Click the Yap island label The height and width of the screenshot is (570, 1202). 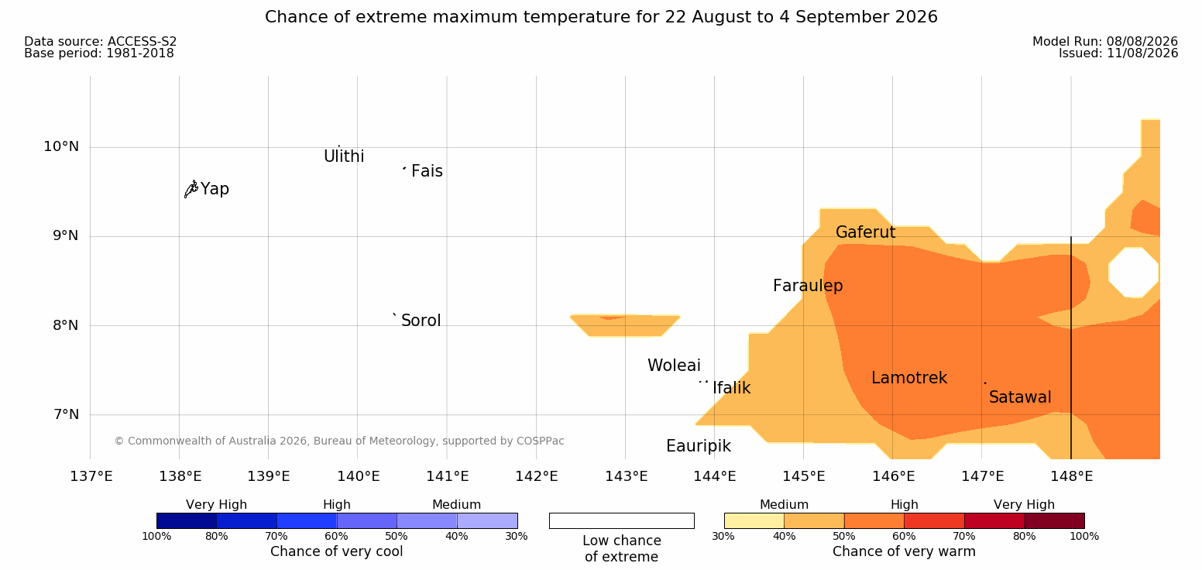point(215,189)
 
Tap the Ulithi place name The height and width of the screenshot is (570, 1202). point(344,156)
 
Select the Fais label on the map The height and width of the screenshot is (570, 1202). point(428,171)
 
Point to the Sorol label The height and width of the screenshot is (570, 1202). point(421,321)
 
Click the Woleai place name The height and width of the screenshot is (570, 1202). point(674,366)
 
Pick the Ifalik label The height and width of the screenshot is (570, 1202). point(732,387)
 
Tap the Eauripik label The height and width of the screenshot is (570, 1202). point(699,446)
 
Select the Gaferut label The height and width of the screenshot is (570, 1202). point(866,232)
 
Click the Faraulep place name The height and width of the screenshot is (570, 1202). point(808,286)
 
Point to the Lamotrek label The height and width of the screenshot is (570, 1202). point(909,378)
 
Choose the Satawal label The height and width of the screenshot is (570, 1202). point(1020,397)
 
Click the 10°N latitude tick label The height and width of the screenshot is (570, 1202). point(61,146)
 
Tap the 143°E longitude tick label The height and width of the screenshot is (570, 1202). point(627,476)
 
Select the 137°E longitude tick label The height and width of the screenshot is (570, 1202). point(91,476)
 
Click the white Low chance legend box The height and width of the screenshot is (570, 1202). point(622,520)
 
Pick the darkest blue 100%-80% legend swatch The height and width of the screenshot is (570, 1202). point(187,520)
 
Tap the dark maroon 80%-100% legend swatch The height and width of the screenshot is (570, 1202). point(1054,520)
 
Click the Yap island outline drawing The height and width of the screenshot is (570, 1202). point(191,190)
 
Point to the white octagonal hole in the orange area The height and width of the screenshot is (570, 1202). point(1133,272)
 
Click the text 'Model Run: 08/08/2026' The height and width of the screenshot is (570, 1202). point(1105,42)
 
